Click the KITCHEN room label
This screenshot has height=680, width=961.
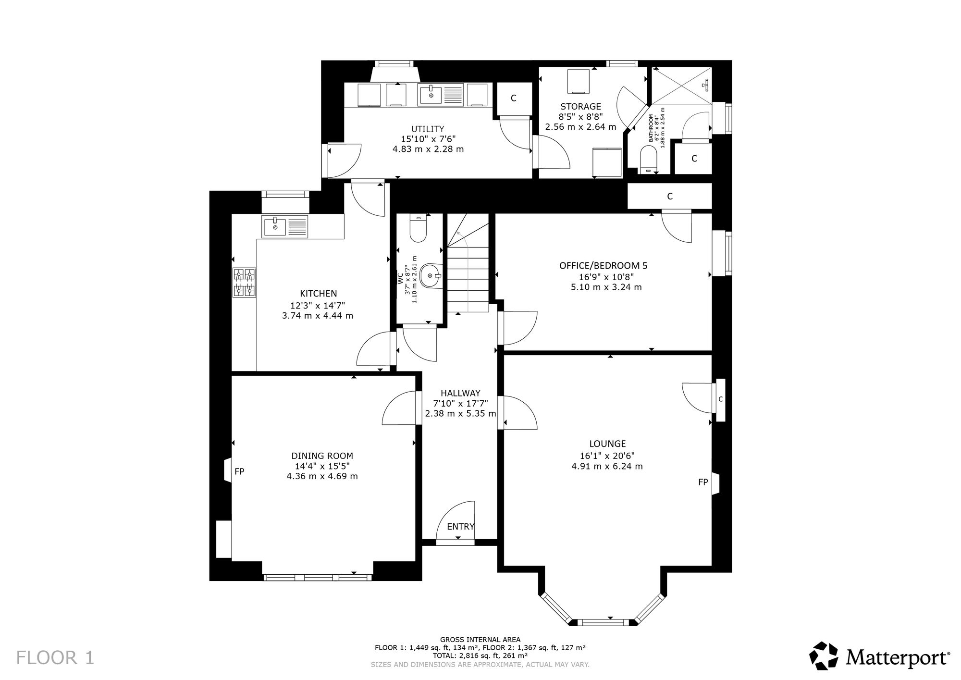(318, 294)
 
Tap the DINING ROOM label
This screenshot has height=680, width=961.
(322, 456)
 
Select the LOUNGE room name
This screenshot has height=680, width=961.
(607, 444)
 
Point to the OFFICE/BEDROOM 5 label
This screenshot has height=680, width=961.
(603, 265)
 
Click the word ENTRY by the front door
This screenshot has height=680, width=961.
(461, 527)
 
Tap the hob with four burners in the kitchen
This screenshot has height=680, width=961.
(244, 282)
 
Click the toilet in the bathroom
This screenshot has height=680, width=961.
(649, 159)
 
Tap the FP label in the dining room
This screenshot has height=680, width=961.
(239, 472)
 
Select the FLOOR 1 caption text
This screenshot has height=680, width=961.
(55, 658)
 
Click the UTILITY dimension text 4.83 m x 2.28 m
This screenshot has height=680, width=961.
(428, 149)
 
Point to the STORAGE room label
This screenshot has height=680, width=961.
(580, 107)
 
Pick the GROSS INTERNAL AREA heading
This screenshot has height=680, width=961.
(480, 640)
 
